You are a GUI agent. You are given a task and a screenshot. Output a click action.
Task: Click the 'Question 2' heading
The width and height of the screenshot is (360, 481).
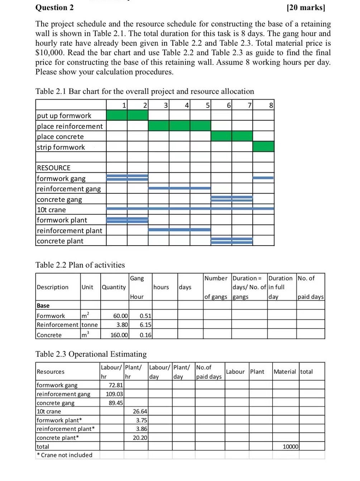[x=55, y=8]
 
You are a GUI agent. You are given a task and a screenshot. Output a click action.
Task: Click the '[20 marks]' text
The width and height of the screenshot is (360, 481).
[x=306, y=8]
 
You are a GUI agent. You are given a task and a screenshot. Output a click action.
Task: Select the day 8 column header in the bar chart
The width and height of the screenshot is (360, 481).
[x=271, y=105]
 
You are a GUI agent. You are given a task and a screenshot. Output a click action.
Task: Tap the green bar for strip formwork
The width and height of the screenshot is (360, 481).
[x=263, y=147]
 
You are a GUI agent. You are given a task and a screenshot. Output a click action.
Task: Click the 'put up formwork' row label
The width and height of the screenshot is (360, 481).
[x=64, y=116]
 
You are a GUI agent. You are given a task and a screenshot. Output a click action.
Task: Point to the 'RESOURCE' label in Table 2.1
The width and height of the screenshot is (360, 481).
[x=54, y=168]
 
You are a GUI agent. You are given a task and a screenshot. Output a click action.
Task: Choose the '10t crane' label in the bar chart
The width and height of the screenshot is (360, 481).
[x=52, y=210]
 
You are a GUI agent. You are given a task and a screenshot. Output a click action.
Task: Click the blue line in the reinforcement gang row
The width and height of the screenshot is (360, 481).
[x=179, y=188]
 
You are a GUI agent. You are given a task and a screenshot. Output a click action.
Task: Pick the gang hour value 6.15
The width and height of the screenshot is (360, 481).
[x=145, y=325]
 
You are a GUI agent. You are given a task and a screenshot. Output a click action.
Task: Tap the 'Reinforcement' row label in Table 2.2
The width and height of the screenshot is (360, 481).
[x=57, y=325]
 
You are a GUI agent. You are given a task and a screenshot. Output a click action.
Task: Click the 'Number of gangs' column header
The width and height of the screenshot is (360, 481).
[x=216, y=287]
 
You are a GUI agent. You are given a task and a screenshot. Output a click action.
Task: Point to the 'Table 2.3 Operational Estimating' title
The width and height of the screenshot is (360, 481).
[x=91, y=354]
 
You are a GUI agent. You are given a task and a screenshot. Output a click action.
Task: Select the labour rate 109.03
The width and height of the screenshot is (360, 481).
[x=114, y=394]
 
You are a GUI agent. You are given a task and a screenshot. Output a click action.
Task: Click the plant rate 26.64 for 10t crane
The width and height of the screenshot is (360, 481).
[x=140, y=412]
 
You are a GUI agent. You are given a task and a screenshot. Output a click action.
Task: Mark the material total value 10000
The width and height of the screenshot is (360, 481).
[x=291, y=447]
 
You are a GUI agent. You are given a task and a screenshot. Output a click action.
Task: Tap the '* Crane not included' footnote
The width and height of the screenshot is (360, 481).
[x=65, y=455]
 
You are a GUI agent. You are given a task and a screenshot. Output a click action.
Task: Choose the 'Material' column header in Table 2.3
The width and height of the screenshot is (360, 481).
[x=285, y=372]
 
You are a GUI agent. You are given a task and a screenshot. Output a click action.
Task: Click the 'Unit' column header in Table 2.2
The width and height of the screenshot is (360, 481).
[x=87, y=287]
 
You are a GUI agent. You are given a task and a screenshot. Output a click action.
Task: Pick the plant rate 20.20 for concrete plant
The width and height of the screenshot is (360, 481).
[x=140, y=438]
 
